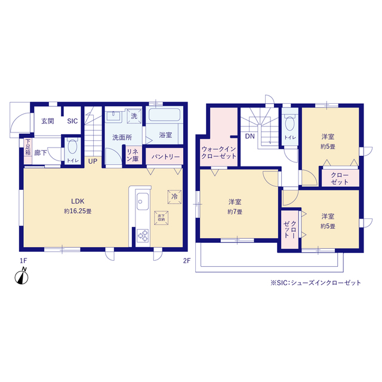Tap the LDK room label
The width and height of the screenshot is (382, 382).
[78, 201]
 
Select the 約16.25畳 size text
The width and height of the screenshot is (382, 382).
[78, 211]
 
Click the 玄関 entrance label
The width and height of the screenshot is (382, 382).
[48, 121]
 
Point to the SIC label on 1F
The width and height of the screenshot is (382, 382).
[72, 121]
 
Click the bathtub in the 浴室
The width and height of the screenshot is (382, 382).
[165, 115]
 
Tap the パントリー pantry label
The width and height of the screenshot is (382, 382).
[165, 156]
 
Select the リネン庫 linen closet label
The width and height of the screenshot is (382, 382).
[133, 155]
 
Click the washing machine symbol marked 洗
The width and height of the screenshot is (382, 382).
[134, 116]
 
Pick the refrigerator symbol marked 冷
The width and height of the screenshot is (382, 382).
[174, 196]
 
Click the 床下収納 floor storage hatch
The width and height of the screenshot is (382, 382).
[161, 218]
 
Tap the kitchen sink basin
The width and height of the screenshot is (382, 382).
[143, 201]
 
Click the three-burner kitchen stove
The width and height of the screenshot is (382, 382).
[143, 235]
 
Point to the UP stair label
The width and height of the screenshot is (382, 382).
[93, 161]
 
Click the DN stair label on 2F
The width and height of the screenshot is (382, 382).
[249, 137]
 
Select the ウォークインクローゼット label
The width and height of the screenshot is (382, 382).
[218, 153]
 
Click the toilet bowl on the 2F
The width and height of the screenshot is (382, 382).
[289, 124]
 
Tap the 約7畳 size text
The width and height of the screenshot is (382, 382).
[235, 212]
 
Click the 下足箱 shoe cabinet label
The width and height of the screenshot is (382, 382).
[28, 147]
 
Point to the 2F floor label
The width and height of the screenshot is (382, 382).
[187, 261]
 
